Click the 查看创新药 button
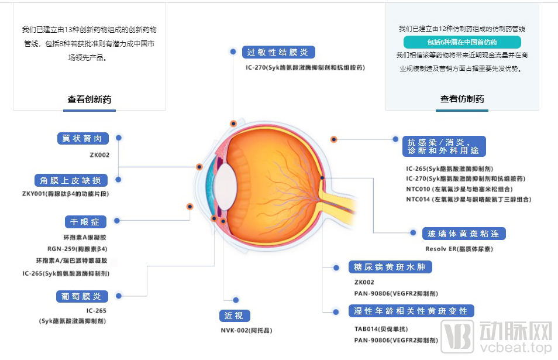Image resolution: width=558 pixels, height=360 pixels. [x=89, y=100]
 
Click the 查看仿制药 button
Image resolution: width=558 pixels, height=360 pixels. [x=462, y=100]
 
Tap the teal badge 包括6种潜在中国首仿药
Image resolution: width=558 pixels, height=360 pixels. [x=462, y=42]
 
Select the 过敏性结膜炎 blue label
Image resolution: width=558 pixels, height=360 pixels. [x=278, y=52]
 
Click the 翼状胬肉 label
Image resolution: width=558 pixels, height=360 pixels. [x=82, y=138]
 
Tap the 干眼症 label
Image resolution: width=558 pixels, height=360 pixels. [x=85, y=222]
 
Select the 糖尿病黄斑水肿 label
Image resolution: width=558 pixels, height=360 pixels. [x=391, y=268]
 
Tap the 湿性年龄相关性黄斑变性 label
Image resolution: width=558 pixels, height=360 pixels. [x=411, y=311]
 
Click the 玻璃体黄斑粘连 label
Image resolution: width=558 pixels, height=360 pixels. [x=464, y=234]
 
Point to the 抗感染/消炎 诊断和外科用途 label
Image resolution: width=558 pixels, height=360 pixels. [x=444, y=146]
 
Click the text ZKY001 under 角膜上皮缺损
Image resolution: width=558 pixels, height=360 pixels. [x=66, y=194]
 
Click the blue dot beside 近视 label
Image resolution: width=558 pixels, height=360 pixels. [x=236, y=300]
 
